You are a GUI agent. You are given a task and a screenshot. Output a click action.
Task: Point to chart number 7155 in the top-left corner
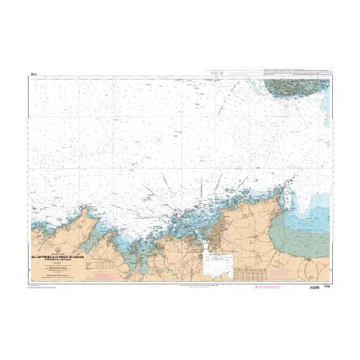tap(33, 76)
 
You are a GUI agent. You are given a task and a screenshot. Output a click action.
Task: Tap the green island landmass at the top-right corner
tap(299, 87)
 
